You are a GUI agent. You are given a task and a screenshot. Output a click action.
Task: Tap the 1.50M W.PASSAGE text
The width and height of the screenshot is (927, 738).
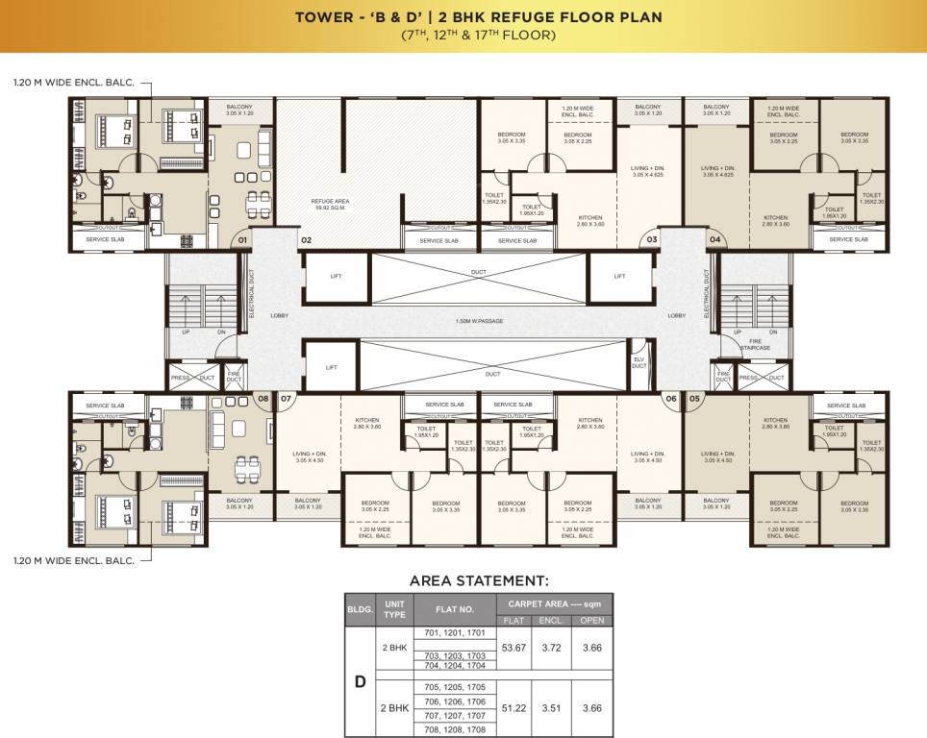coord(479,321)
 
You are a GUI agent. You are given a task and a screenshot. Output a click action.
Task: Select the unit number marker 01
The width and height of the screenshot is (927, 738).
coord(243,238)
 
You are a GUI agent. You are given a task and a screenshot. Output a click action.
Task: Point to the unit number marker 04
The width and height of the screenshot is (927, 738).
coord(714,238)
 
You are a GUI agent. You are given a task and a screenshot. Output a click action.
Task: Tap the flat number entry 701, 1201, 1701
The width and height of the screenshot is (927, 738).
coord(455,633)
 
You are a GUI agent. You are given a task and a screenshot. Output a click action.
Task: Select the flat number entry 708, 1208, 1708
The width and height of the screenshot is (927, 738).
coord(455,729)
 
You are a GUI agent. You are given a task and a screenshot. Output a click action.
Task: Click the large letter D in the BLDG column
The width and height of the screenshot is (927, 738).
coord(360,681)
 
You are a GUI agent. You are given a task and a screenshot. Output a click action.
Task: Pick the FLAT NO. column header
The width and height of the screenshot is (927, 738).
coord(455,608)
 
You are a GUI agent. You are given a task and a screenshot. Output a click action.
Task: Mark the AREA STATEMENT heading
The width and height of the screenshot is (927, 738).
coord(479,580)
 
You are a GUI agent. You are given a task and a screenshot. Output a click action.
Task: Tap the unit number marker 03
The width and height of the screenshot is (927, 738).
coord(652,238)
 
